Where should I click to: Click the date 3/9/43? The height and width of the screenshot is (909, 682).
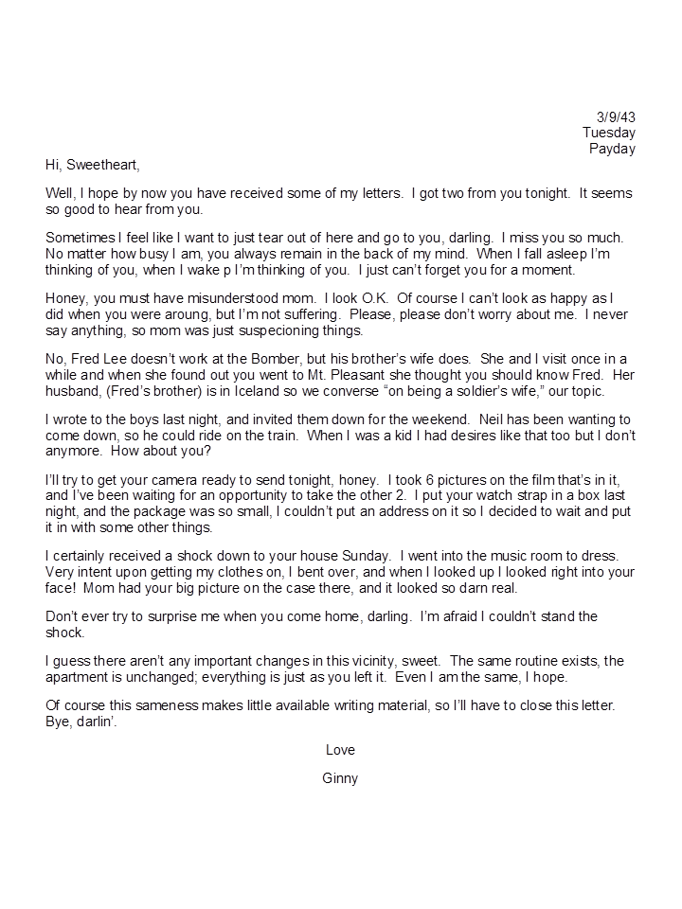coord(617,116)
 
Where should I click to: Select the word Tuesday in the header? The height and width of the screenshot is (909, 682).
coord(609,133)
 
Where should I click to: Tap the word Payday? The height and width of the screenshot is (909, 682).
coord(612,149)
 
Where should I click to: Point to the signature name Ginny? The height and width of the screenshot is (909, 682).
coord(340,779)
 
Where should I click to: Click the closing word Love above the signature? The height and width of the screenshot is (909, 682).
coord(340,750)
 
